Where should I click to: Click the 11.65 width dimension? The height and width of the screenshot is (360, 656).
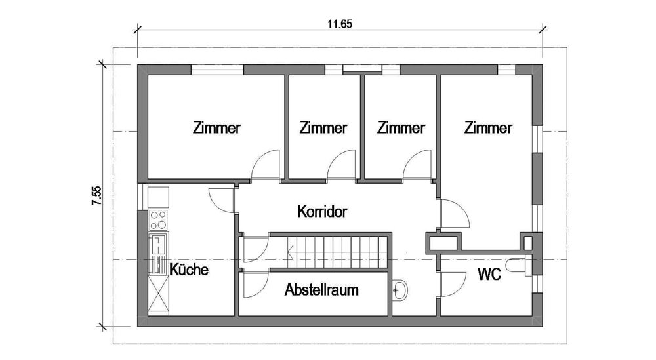(340, 24)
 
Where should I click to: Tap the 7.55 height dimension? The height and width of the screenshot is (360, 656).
(96, 195)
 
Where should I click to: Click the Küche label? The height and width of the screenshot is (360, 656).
(189, 269)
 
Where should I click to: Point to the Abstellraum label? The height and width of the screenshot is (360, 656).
(321, 289)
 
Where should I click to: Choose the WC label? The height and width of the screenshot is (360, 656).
(489, 274)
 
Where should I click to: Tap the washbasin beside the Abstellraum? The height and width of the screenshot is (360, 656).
(400, 290)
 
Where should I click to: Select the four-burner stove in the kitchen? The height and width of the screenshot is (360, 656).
(158, 220)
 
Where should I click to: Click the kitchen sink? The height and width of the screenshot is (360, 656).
(158, 245)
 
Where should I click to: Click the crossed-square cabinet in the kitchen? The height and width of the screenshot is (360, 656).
(159, 295)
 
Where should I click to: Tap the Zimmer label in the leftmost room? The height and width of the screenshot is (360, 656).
(216, 127)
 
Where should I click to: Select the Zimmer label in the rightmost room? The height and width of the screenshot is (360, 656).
(488, 127)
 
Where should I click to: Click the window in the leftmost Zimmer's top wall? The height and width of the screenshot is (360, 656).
(218, 70)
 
